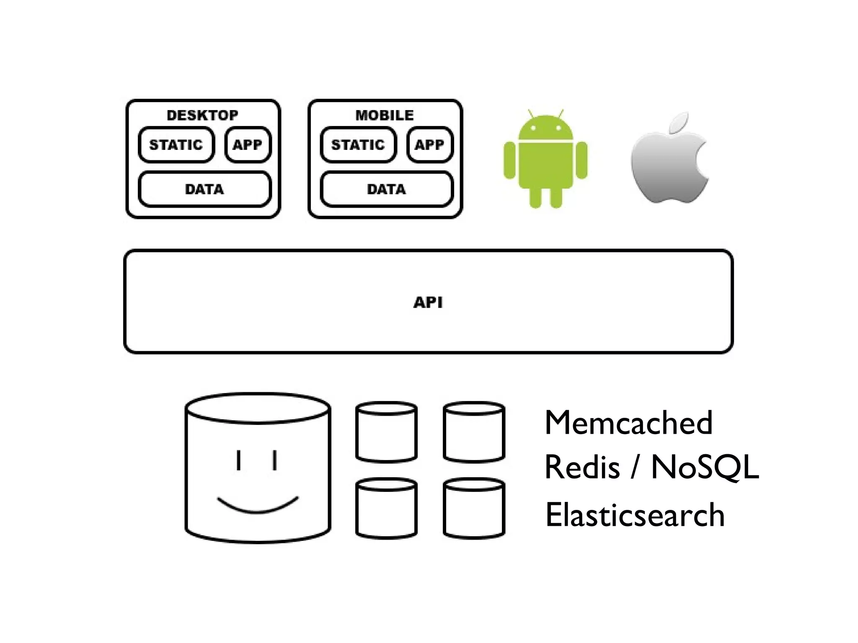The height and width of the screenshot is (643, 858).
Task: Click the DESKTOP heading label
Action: [x=202, y=115]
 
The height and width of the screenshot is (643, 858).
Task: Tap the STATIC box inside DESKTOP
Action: [x=176, y=145]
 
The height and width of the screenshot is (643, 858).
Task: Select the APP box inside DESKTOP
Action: [x=248, y=145]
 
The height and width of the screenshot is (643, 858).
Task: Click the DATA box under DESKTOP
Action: [x=204, y=189]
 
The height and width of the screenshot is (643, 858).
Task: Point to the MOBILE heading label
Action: [x=385, y=115]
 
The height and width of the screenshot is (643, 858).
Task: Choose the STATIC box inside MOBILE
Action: [x=358, y=145]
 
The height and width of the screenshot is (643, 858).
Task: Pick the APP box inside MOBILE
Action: [x=429, y=145]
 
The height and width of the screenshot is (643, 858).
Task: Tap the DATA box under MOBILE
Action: [x=386, y=189]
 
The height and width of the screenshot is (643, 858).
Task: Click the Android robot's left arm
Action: [x=509, y=160]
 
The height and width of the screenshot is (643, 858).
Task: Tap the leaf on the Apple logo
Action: [x=679, y=122]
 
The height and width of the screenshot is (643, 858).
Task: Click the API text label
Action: [x=428, y=302]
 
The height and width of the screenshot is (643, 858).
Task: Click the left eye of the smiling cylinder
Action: [x=238, y=460]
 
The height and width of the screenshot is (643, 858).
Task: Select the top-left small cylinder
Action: [x=386, y=432]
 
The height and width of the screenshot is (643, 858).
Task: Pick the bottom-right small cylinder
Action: [x=474, y=509]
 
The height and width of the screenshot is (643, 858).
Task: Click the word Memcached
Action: [x=628, y=423]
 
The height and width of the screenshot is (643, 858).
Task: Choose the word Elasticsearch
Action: [x=635, y=515]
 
